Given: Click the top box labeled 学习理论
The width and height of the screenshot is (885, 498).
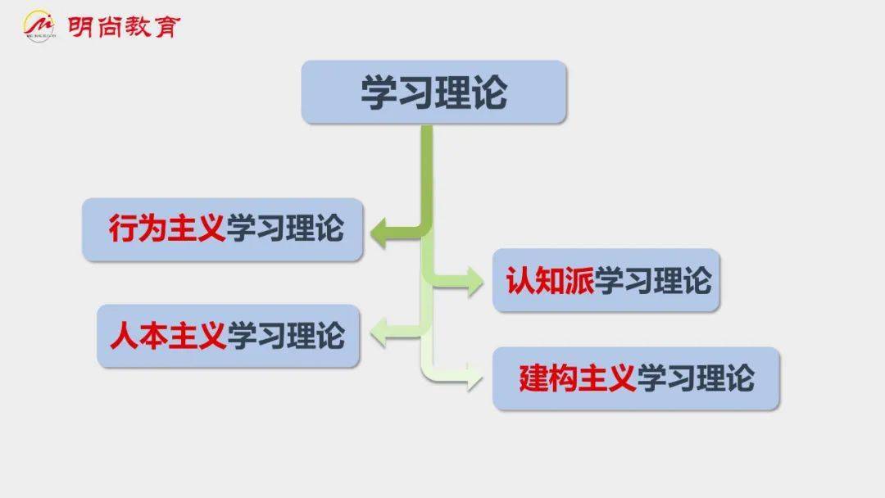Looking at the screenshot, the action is [x=433, y=92].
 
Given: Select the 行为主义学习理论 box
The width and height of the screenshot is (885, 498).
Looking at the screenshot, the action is [x=223, y=229].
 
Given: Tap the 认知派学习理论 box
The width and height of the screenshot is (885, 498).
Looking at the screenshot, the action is [x=606, y=280].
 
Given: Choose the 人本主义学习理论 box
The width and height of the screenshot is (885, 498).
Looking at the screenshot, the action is [x=228, y=336].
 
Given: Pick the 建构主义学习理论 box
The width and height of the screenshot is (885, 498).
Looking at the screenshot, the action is [x=636, y=378].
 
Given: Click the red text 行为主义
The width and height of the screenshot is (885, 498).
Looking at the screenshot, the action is [x=167, y=229].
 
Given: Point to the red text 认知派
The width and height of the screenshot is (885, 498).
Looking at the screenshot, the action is [x=550, y=280].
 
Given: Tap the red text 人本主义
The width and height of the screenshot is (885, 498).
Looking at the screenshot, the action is [x=168, y=336].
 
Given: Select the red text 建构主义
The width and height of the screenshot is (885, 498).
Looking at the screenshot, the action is [x=578, y=378].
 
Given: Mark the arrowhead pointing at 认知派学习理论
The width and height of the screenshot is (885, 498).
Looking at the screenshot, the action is [x=474, y=281].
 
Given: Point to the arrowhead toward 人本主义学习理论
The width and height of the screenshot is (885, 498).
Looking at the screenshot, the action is [x=379, y=333].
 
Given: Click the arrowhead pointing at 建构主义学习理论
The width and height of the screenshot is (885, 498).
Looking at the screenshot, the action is [x=474, y=376].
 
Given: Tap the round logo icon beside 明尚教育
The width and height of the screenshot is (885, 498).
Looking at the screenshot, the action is [x=39, y=26].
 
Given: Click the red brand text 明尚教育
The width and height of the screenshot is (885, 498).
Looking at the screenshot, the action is [x=124, y=26].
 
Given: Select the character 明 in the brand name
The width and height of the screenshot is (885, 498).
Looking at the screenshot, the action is [x=80, y=26].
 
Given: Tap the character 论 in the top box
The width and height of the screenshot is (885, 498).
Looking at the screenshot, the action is [x=489, y=93].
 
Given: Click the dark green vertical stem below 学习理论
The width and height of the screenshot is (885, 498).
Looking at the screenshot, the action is [x=427, y=174].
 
